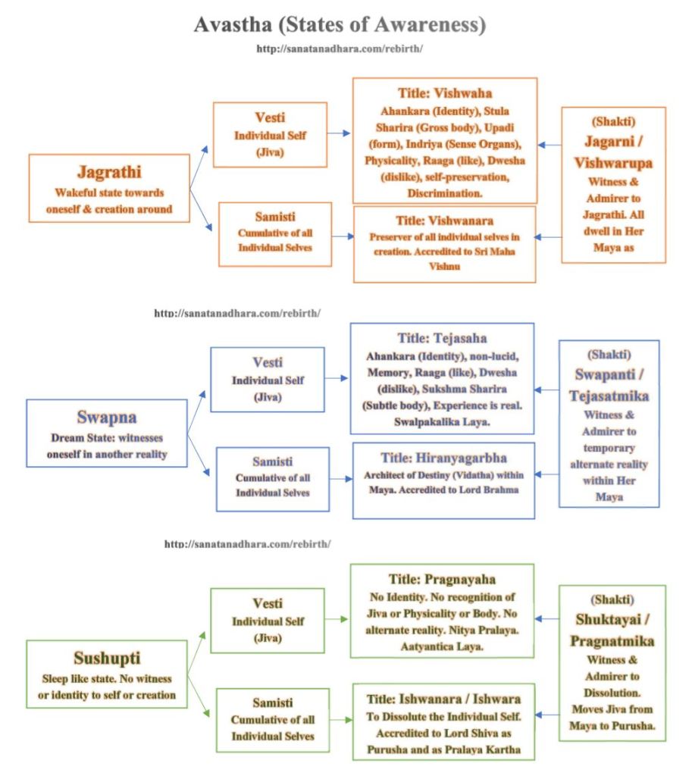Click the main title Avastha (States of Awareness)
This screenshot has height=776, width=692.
[339, 25]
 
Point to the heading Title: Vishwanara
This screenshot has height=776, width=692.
[445, 221]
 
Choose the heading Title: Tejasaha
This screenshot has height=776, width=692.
[443, 339]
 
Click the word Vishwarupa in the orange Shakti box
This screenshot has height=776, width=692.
[613, 163]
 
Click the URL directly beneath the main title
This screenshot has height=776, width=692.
[340, 48]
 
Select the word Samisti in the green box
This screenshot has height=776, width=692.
[272, 703]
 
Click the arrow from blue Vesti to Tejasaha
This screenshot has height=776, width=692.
[337, 377]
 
